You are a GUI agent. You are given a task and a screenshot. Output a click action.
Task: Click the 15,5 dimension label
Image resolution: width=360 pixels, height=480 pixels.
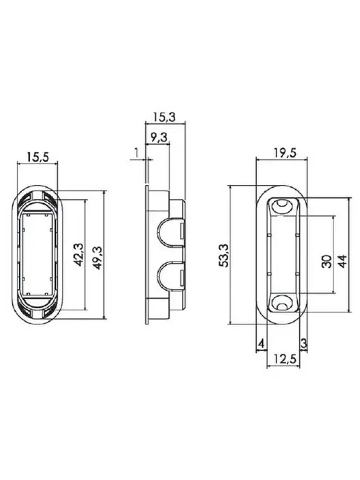click(x=38, y=157)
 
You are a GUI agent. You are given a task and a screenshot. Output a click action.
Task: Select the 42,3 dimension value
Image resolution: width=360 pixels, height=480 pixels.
click(x=79, y=255)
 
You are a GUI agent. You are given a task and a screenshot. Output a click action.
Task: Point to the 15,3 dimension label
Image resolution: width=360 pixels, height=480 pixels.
click(x=165, y=117)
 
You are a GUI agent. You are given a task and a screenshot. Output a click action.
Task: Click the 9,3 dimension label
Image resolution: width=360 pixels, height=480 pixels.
click(x=159, y=137)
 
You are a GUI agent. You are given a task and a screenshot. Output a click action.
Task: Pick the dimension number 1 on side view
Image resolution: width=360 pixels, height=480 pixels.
click(x=136, y=152)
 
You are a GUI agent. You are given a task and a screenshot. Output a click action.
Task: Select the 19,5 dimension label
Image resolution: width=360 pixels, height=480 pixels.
click(x=285, y=153)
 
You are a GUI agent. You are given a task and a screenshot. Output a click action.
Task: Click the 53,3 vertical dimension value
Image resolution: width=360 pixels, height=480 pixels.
click(x=224, y=255)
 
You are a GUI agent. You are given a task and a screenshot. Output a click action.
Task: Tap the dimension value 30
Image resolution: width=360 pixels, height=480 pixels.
click(x=327, y=261)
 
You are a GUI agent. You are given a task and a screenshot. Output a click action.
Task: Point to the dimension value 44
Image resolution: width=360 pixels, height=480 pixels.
click(x=343, y=261)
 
